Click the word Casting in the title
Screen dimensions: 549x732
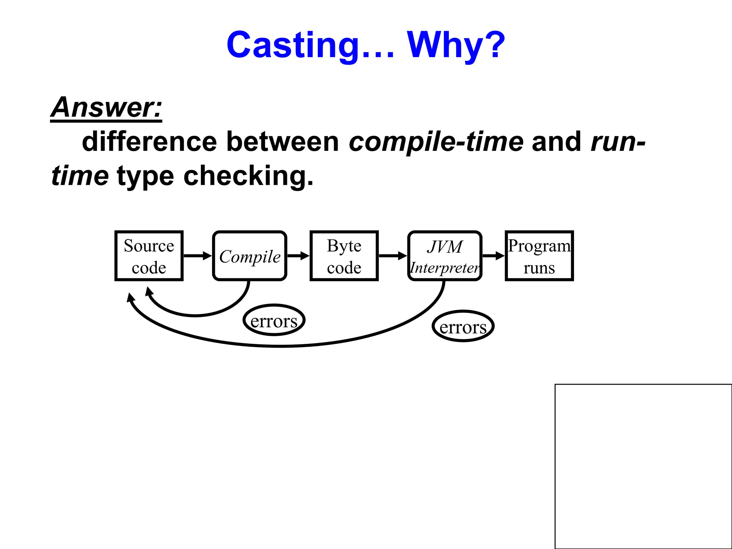tap(293, 45)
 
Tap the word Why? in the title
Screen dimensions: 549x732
tap(456, 45)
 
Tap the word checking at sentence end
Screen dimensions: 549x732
tap(248, 176)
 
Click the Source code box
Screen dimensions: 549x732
tap(149, 256)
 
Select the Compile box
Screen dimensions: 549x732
tap(249, 256)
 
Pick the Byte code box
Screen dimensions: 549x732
tap(344, 256)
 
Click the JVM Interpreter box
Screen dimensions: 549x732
tap(445, 256)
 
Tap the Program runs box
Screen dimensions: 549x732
tap(539, 256)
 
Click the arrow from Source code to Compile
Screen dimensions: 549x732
tap(198, 256)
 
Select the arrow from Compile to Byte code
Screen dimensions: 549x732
tap(298, 256)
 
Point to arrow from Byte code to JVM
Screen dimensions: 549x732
tap(392, 256)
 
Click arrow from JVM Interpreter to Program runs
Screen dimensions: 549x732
tap(493, 256)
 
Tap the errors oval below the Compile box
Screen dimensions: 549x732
tap(274, 320)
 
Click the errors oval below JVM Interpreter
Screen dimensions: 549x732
tap(463, 326)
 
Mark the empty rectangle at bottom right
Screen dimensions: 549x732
tap(643, 466)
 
